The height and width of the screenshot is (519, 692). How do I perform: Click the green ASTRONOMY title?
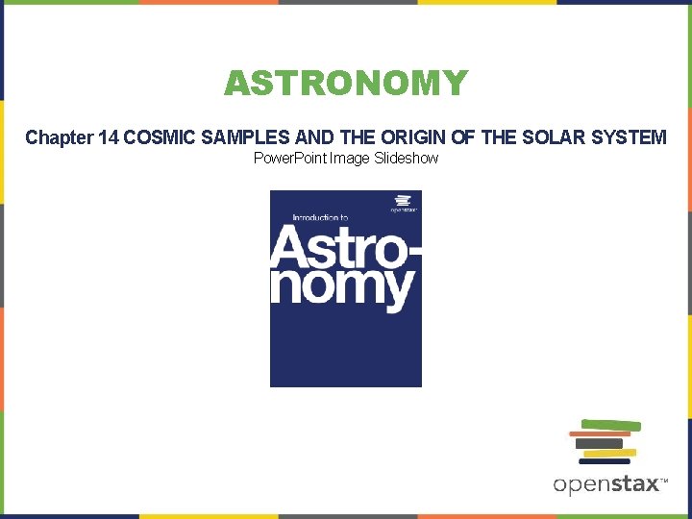[346, 84]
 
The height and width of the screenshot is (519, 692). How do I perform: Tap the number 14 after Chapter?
[109, 137]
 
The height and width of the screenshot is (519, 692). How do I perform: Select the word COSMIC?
[160, 137]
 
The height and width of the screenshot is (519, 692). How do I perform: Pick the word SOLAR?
[544, 137]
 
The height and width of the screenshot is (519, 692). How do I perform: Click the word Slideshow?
[402, 158]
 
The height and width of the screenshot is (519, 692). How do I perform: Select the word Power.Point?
[289, 158]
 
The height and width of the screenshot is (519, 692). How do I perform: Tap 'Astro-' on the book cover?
[345, 248]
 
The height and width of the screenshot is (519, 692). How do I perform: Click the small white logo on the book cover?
[404, 204]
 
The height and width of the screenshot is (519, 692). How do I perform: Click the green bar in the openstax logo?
[612, 426]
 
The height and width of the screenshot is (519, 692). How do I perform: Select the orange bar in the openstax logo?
[599, 434]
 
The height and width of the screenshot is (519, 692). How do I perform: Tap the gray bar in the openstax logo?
[600, 443]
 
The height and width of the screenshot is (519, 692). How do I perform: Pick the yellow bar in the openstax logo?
[610, 452]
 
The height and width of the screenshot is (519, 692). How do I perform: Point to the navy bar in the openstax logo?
[605, 461]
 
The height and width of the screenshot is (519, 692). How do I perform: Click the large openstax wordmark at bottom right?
[606, 484]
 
